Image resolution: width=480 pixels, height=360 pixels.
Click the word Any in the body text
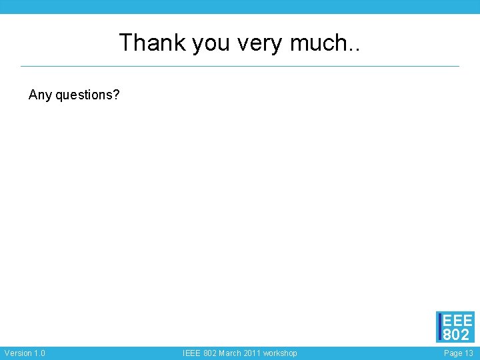coord(40,95)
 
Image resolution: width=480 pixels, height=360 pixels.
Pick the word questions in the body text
coord(83,95)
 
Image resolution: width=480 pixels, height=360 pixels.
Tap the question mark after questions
coord(117,95)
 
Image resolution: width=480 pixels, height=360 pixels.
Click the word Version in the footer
coord(17,353)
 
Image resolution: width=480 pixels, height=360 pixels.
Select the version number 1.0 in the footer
coord(39,353)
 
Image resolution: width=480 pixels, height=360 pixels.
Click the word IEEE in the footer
coord(193,353)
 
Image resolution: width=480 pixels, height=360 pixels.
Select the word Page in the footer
coord(453,353)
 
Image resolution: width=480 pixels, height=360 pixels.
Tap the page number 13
coord(469,353)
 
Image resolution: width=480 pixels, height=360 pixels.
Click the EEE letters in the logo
coord(458,320)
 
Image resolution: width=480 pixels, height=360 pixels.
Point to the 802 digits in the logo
coord(457,334)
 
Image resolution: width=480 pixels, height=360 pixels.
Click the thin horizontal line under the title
coord(240,66)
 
